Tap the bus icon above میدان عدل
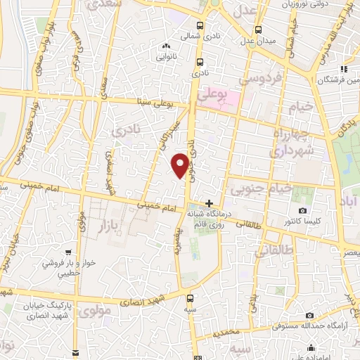pyautogui.click(x=259, y=30)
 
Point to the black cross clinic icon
pyautogui.click(x=208, y=202)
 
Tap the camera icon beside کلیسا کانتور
pyautogui.click(x=302, y=210)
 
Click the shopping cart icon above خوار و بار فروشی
pyautogui.click(x=67, y=250)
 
